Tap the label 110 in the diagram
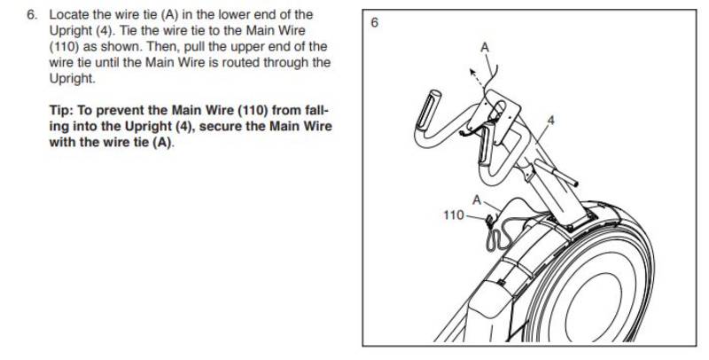click(453, 215)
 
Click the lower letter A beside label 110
click(476, 200)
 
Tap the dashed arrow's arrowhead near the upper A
click(471, 78)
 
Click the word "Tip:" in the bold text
click(64, 112)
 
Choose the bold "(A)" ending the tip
click(162, 144)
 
